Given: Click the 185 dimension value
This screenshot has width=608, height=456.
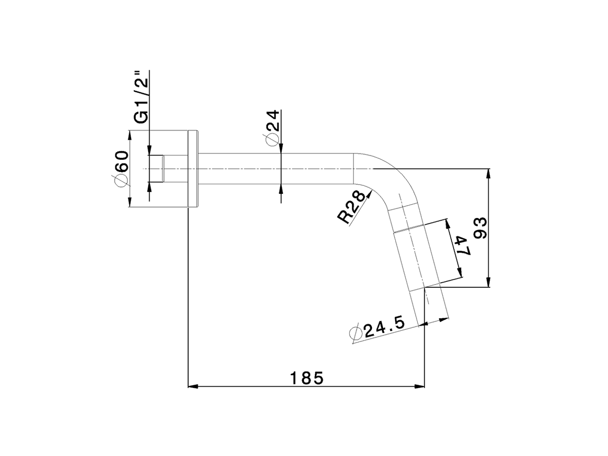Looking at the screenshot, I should [307, 378].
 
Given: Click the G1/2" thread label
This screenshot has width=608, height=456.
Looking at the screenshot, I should [141, 97].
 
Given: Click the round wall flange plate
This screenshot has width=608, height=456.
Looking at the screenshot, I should [193, 169].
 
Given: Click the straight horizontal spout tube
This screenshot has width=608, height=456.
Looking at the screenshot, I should [275, 169].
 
